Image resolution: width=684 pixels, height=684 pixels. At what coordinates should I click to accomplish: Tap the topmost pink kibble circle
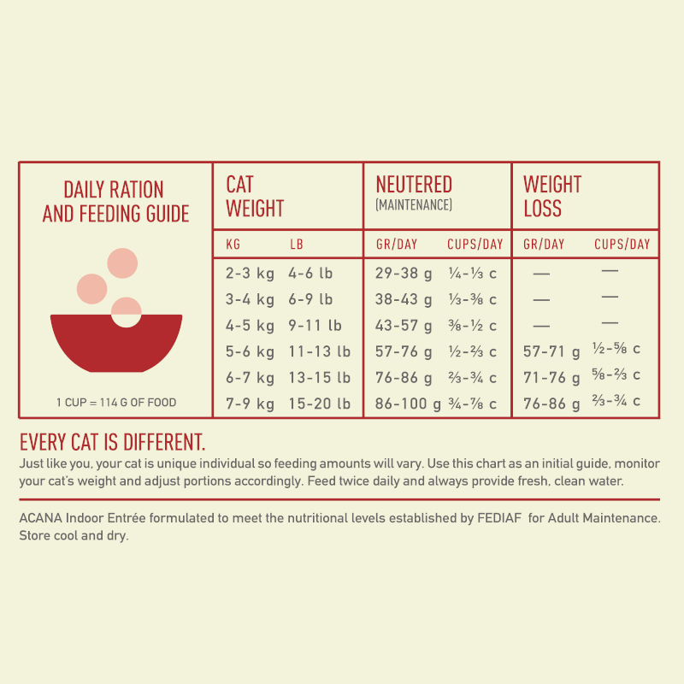coord(122,262)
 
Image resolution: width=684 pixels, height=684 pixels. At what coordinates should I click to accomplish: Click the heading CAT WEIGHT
coord(255,197)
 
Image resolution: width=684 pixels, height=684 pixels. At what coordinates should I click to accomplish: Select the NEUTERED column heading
coord(414,185)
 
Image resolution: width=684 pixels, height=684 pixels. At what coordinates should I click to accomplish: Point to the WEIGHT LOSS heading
coord(552,197)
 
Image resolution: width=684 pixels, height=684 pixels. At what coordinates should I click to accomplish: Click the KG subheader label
coord(233,245)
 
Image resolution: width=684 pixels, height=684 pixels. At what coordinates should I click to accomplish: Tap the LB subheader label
coord(297,245)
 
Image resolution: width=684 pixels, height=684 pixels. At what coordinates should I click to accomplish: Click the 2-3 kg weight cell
coord(250,274)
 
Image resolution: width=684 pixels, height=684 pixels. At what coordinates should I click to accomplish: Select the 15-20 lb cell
coord(319,403)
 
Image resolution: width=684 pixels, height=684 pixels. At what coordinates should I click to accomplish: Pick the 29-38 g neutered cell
coord(404,274)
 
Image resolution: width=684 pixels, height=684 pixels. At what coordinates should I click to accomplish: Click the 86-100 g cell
coord(408,403)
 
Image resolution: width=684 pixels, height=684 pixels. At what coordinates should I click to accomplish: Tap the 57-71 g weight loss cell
coord(551,351)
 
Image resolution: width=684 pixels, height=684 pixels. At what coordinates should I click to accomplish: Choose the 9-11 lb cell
coord(315,326)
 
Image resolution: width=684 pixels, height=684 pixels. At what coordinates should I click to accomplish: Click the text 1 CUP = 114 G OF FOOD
coord(116,403)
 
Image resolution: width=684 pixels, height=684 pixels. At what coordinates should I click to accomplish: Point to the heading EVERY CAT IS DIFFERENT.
coord(112,443)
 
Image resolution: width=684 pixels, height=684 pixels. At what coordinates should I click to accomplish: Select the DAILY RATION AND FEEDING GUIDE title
coord(115,202)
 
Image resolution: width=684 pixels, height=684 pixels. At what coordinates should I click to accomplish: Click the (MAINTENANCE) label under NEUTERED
coord(414,206)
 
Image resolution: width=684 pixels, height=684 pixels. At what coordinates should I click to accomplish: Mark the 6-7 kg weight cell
coord(250,377)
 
